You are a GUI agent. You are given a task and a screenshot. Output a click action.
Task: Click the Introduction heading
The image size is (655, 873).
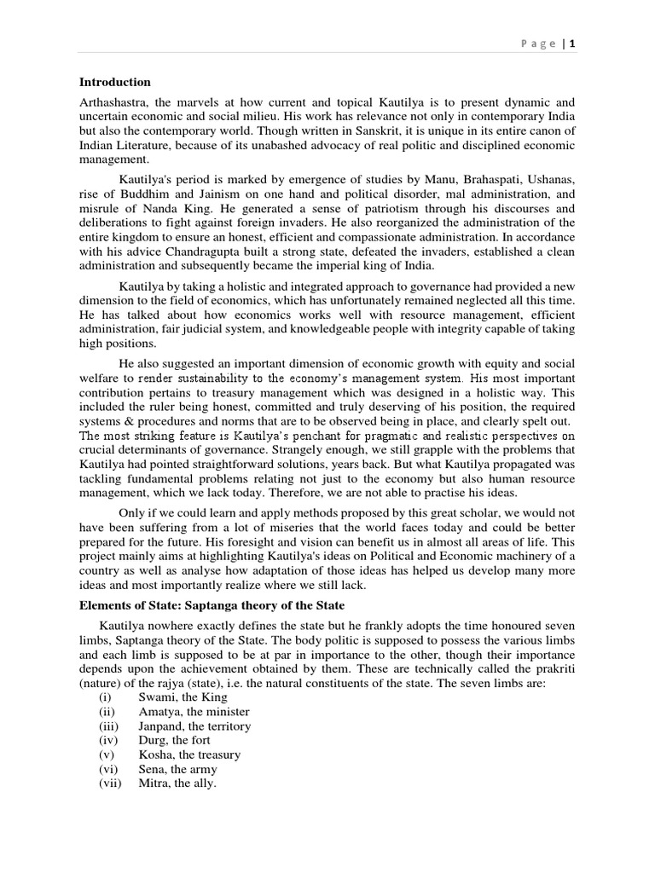[115, 83]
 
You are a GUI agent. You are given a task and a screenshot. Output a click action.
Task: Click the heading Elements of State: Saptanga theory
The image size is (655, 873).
[212, 605]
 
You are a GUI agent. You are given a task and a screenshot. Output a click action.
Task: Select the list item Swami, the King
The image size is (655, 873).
[180, 697]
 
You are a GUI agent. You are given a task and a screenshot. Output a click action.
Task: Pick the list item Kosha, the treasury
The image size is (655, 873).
[189, 754]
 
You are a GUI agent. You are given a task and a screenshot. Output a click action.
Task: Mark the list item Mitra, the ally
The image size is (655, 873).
[177, 783]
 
